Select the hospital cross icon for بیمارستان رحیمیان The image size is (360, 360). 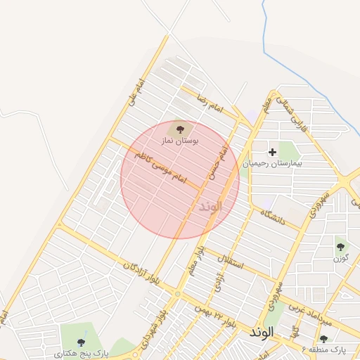[x=272, y=152]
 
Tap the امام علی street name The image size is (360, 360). [x=136, y=94]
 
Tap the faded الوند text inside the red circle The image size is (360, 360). [x=210, y=206]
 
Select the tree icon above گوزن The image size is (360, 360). [x=341, y=246]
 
